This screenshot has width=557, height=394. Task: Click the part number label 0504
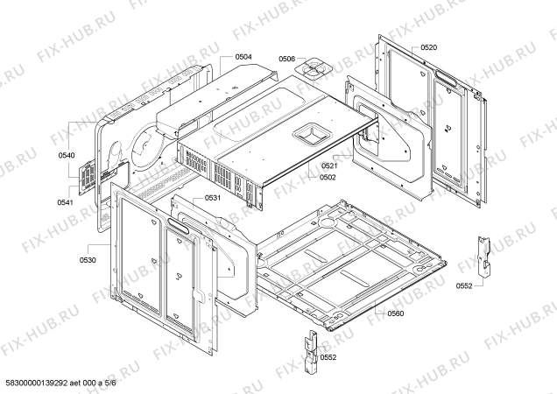[x=243, y=57]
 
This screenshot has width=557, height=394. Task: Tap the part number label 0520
[x=428, y=46]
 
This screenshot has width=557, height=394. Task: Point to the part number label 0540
[x=67, y=156]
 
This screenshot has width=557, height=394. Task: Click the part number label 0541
[x=67, y=202]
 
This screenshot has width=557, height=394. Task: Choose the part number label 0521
[x=328, y=166]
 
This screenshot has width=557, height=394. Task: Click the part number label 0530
[x=87, y=260]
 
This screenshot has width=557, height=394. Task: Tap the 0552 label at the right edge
[x=463, y=285]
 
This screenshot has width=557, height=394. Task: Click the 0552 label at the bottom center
[x=328, y=357]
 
